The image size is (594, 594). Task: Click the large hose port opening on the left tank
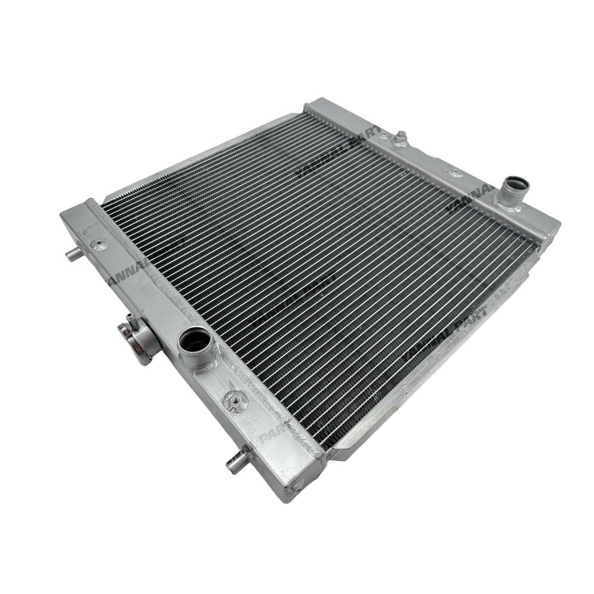[x=194, y=342]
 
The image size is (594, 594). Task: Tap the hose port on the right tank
[x=513, y=185]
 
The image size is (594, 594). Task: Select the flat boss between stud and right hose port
[x=456, y=172]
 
